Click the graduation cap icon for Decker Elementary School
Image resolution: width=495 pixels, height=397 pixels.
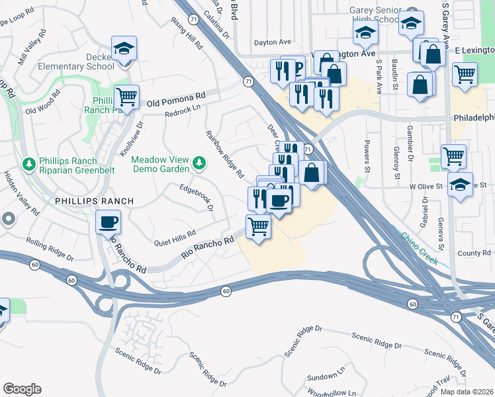point(124,48)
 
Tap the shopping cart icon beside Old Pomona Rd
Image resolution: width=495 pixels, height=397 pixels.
point(126,97)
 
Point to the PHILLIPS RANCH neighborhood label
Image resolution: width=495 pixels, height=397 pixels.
point(95,200)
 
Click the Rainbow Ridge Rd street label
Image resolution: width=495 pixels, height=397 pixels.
point(224,155)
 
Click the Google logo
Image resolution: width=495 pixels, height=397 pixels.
point(22,389)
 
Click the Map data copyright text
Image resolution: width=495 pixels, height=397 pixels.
point(467,392)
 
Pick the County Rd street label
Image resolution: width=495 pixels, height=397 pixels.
point(474,253)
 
